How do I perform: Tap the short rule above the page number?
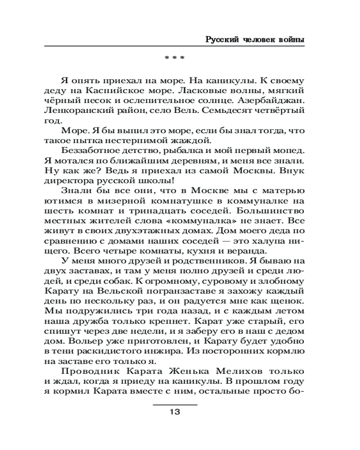[x=175, y=405]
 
